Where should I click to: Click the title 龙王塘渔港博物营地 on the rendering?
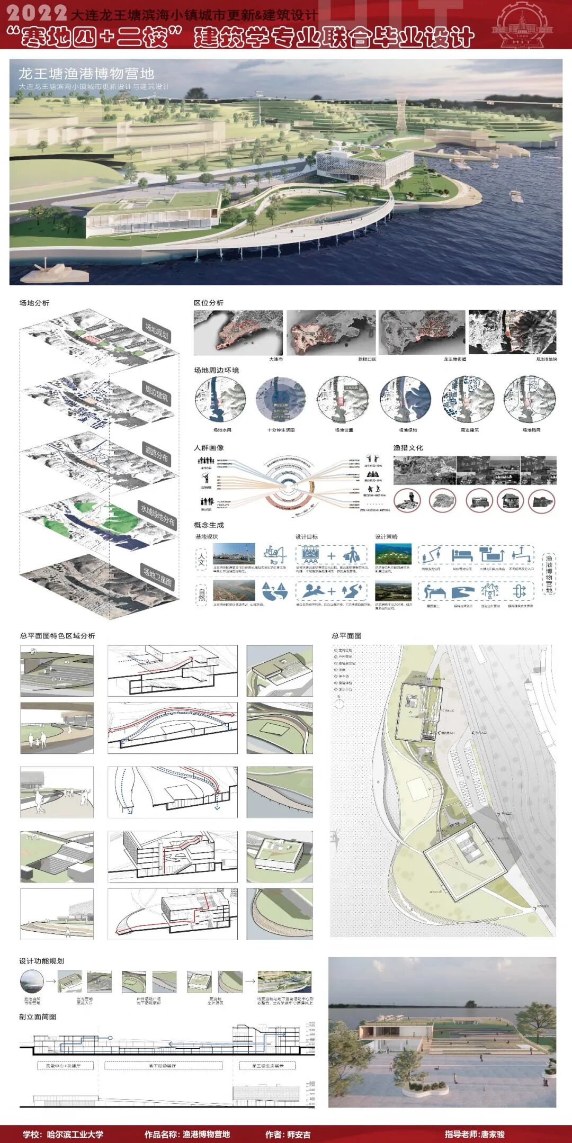[x=86, y=73]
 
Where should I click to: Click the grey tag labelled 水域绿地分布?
[x=157, y=514]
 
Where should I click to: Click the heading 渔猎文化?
[x=408, y=448]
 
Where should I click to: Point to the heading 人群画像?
[x=209, y=448]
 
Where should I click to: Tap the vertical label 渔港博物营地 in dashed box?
[x=549, y=574]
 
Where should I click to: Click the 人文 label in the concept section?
[x=201, y=560]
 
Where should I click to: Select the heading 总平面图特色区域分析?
[x=58, y=636]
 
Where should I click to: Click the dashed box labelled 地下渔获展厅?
[x=163, y=1065]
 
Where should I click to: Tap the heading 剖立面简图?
[x=38, y=1016]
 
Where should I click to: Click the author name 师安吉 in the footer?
[x=299, y=1135]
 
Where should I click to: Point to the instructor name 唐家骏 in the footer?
[x=493, y=1135]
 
